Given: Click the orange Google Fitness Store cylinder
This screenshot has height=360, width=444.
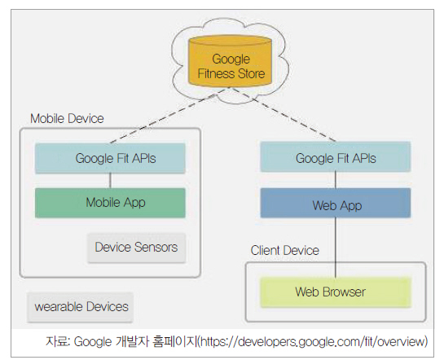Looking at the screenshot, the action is [230, 61].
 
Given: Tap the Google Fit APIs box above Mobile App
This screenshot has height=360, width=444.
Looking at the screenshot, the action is [110, 158].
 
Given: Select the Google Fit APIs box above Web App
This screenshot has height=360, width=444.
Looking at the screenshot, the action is [336, 157].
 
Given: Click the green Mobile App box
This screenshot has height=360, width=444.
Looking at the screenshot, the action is [110, 203].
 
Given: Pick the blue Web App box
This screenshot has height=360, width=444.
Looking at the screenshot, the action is [336, 203].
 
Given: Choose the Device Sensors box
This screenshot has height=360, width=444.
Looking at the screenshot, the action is [137, 248].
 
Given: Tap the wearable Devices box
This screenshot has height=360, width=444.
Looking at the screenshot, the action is [81, 307].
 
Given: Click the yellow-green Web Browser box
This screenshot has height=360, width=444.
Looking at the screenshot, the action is [336, 292].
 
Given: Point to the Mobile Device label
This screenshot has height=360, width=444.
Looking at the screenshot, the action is [67, 119].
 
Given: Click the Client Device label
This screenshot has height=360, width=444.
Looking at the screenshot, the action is [285, 251].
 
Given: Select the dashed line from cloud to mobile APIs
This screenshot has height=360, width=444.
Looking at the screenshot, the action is [169, 116].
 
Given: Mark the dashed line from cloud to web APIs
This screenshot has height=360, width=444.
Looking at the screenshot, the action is [284, 114].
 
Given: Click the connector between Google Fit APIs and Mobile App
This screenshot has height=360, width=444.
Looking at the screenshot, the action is [110, 181].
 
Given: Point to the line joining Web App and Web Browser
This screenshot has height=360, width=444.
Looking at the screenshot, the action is [336, 248].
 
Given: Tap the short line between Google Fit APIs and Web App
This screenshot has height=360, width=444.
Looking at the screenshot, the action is [336, 180].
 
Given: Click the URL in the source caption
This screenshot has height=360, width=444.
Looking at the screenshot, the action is [313, 341].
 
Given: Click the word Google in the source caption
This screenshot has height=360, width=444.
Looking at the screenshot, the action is [93, 342].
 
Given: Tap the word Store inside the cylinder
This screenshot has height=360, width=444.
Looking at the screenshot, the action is [252, 73].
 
